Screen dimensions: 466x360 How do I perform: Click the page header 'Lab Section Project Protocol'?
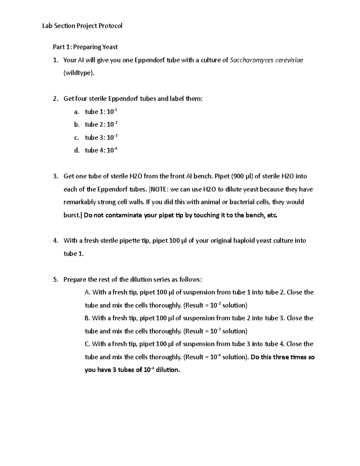(82, 26)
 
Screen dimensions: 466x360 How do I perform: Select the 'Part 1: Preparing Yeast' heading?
(85, 47)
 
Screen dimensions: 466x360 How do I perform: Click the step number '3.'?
(55, 176)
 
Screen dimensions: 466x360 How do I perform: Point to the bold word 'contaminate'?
(122, 215)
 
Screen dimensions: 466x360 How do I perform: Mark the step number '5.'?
(55, 280)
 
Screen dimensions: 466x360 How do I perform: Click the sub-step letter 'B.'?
(88, 318)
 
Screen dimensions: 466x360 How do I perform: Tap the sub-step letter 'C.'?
(88, 344)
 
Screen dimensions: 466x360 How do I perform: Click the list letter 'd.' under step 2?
(77, 150)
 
